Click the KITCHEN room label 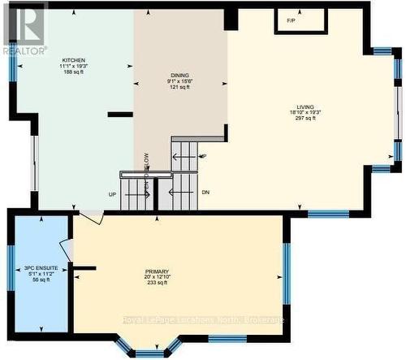pyautogui.click(x=74, y=61)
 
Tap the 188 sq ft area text pyautogui.click(x=74, y=72)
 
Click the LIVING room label pyautogui.click(x=306, y=106)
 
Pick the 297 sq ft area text pyautogui.click(x=306, y=118)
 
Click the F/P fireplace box pyautogui.click(x=291, y=20)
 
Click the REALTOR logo pyautogui.click(x=24, y=29)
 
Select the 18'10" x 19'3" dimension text pyautogui.click(x=306, y=112)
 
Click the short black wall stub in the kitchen pyautogui.click(x=119, y=115)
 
